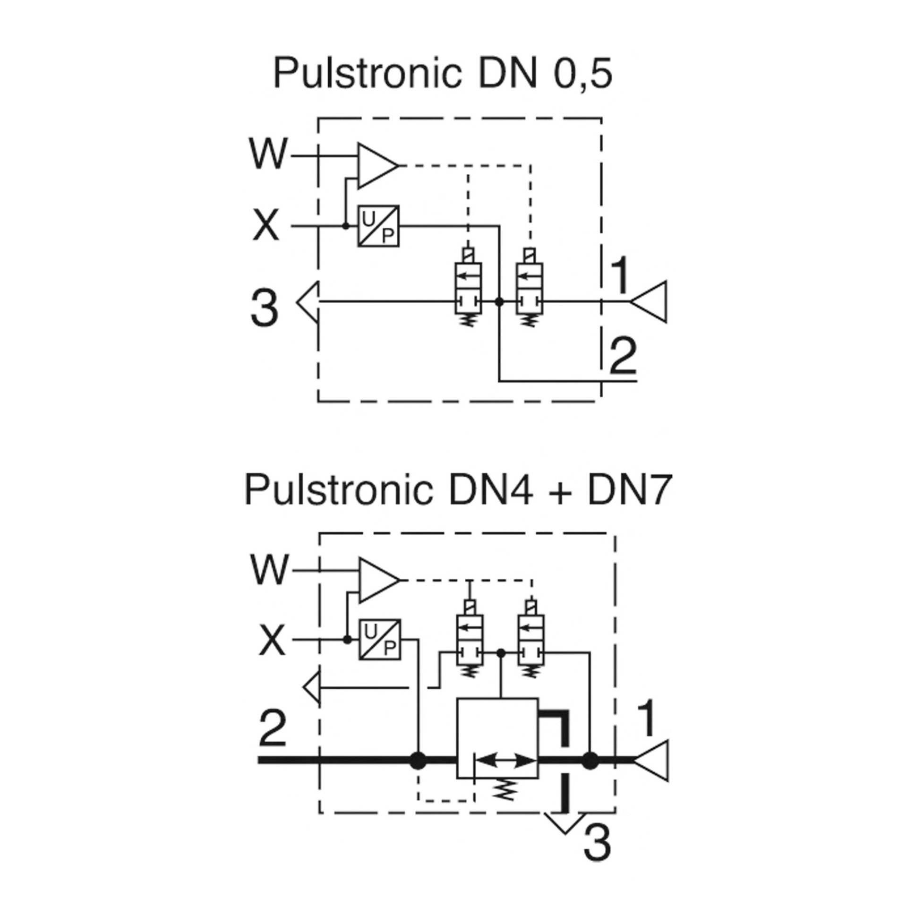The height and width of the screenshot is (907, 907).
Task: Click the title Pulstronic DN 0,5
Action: point(443,75)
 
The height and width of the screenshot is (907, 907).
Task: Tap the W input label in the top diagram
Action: point(268,154)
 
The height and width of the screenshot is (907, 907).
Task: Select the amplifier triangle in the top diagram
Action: point(376,166)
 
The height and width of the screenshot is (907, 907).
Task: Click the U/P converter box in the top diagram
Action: point(378,226)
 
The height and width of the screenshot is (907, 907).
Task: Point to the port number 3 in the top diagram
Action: point(265,308)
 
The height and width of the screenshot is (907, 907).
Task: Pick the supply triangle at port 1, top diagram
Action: point(651,301)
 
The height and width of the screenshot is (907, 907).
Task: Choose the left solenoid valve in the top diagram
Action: point(468,288)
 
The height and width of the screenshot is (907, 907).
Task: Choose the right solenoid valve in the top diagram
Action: point(530,288)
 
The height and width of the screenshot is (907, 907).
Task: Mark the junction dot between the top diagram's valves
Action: point(499,301)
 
